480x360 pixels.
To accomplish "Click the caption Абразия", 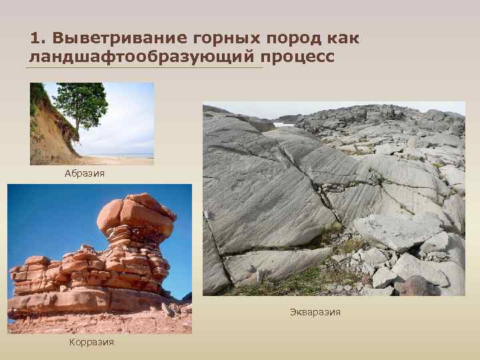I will click(85, 173).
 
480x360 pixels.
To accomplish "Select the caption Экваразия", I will click(315, 311).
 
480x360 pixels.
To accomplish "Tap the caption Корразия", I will click(91, 342).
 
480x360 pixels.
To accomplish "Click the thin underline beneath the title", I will click(143, 67).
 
